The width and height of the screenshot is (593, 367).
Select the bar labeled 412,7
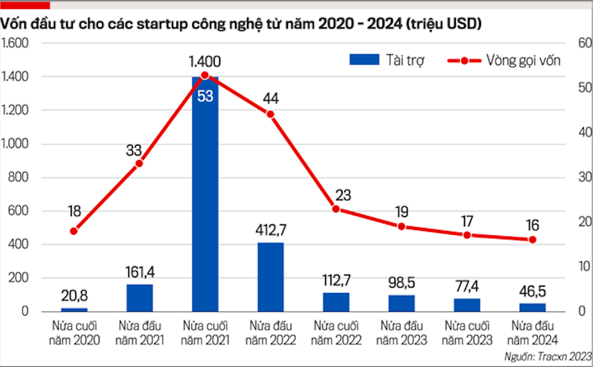pos(270,277)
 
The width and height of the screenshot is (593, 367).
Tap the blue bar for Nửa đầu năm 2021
pos(139,297)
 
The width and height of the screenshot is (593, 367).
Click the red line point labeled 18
pos(73,231)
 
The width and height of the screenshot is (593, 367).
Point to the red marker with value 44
pos(270,114)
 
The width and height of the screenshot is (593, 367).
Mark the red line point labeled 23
pos(336,209)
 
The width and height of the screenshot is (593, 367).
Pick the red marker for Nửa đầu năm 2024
pos(533,240)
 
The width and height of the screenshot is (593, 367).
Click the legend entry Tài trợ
pos(387,60)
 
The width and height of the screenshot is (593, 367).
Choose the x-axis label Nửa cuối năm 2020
pos(74,333)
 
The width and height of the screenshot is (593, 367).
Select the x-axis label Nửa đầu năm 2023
pos(401,333)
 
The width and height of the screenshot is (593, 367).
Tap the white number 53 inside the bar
pos(205,96)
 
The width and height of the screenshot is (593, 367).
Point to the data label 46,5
pos(533,292)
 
